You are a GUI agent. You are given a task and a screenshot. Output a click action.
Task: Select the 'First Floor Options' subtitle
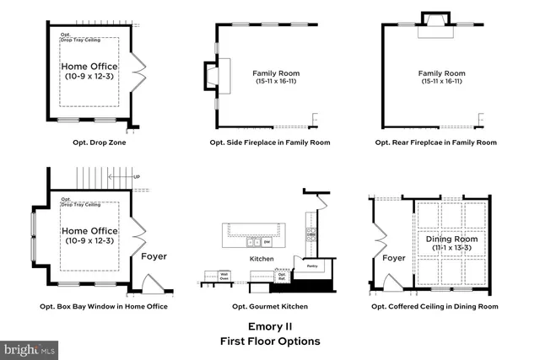coord(270,341)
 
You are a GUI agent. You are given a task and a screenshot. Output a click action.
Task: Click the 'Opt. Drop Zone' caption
coord(89,142)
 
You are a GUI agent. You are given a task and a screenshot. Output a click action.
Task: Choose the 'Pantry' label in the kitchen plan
coord(311,266)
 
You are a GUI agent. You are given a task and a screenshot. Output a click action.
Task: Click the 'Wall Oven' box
coord(224,275)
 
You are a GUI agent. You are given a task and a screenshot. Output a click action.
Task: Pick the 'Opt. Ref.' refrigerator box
coord(282,275)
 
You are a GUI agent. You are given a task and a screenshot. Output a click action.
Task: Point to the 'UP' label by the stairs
coord(136,178)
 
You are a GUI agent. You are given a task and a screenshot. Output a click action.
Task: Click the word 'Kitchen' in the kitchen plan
coord(261,258)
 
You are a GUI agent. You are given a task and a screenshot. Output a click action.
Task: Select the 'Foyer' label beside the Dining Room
coord(394,259)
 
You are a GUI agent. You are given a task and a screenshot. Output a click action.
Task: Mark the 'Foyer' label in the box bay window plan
coord(154,256)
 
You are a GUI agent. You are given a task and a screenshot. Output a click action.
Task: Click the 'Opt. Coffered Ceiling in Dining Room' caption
coord(435,306)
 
